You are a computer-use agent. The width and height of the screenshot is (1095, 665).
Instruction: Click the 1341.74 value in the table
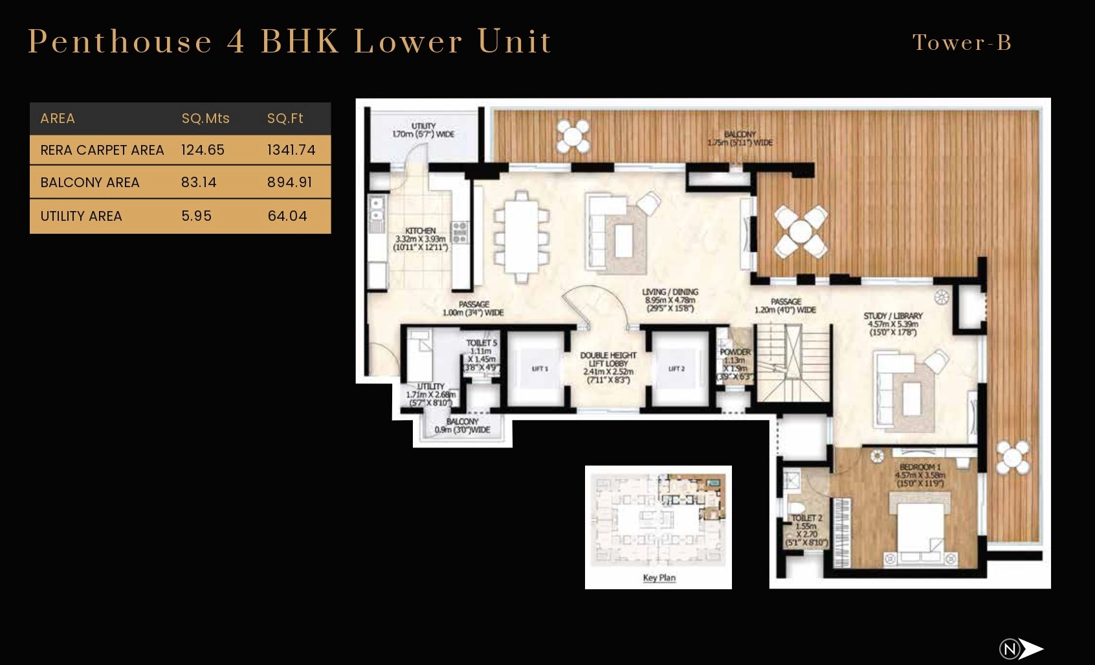[291, 150]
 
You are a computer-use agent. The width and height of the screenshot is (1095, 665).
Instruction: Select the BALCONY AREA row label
[90, 183]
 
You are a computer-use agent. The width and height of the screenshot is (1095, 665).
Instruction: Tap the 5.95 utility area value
[196, 216]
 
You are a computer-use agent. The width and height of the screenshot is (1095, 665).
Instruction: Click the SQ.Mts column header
[205, 118]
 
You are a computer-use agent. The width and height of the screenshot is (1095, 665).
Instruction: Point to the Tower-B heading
[962, 43]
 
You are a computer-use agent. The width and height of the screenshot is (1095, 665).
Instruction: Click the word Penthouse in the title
[120, 41]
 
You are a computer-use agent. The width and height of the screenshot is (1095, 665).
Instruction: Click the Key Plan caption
[659, 578]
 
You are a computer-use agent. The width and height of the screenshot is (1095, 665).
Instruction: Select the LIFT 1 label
[540, 369]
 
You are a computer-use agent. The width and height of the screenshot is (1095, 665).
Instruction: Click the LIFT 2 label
[676, 369]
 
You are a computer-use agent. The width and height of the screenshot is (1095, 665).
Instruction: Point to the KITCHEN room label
[421, 231]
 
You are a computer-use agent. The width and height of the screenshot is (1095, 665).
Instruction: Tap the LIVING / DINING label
[670, 292]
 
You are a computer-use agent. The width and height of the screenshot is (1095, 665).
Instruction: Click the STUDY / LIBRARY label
[893, 316]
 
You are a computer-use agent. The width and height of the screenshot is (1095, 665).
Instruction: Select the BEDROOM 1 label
[920, 467]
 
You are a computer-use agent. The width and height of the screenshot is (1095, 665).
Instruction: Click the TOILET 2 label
[806, 518]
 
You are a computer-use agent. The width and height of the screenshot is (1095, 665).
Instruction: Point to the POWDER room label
[735, 352]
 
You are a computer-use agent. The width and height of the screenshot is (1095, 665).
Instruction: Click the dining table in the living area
[521, 237]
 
